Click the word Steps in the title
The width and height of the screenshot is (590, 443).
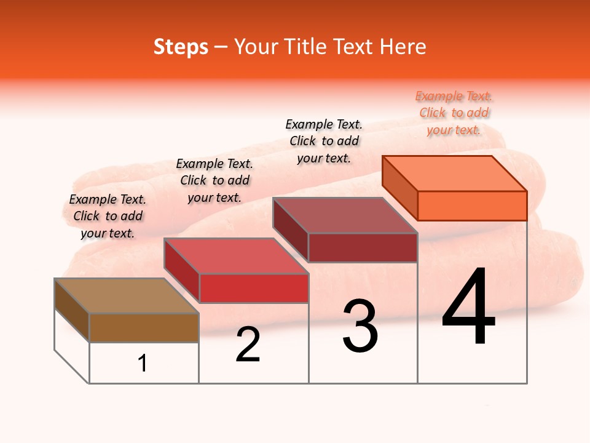click(x=181, y=47)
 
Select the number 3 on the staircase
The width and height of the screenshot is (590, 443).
click(x=360, y=326)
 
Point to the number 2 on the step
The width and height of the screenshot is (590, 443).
click(x=248, y=345)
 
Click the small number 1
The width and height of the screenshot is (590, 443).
click(x=143, y=364)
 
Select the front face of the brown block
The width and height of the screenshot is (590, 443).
click(x=144, y=328)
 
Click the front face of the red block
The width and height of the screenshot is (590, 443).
click(x=253, y=289)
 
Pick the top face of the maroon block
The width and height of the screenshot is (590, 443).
click(x=345, y=215)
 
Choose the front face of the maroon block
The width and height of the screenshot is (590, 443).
click(x=363, y=248)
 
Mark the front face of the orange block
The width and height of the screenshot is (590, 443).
click(x=472, y=206)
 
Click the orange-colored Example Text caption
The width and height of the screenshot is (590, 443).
click(x=454, y=113)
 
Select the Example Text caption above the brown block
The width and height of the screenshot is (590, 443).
click(x=108, y=216)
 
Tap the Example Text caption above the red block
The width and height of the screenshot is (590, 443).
click(x=214, y=180)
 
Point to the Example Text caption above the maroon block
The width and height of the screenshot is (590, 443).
click(x=324, y=141)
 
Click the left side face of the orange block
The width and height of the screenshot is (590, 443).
click(x=399, y=188)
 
